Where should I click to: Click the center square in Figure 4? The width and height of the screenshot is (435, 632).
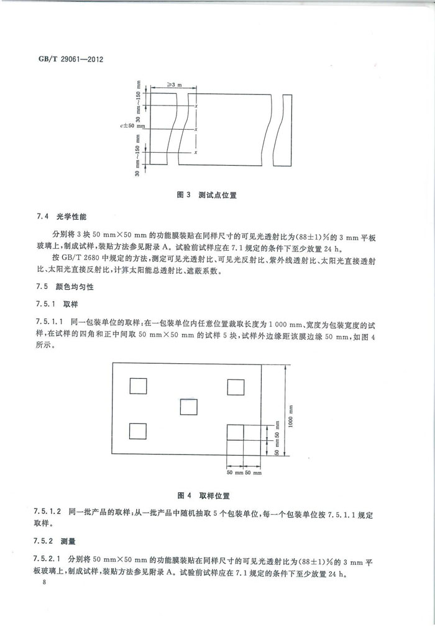[188, 407]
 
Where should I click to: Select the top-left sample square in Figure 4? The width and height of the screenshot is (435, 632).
[138, 386]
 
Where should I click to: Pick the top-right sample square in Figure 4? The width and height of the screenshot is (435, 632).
[236, 386]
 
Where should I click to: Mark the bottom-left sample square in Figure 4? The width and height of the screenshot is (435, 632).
[138, 430]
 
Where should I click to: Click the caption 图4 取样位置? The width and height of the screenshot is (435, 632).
[204, 495]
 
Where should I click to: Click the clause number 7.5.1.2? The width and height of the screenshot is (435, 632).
[50, 511]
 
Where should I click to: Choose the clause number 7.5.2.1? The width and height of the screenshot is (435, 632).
[50, 558]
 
